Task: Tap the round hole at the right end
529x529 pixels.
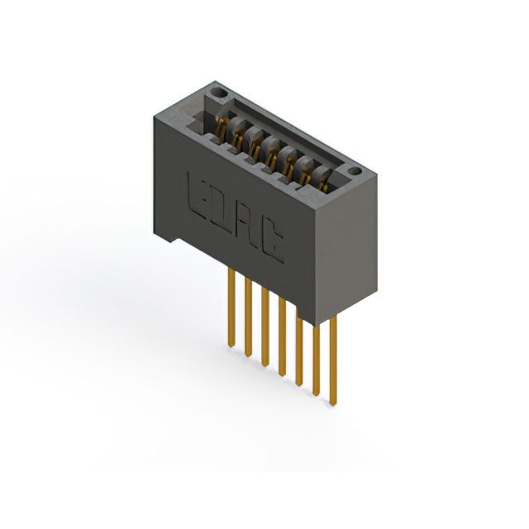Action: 355,172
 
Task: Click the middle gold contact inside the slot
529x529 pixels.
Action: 270,151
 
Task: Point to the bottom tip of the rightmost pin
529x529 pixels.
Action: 333,403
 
